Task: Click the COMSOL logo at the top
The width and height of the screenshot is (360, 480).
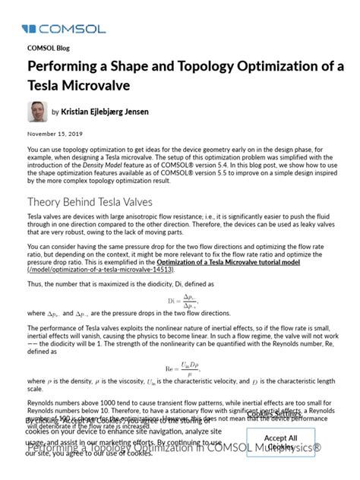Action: (55, 29)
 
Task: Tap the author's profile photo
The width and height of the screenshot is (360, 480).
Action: (37, 112)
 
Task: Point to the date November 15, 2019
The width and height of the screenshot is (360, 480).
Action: (55, 134)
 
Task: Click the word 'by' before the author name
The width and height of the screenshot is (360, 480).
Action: (55, 112)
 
